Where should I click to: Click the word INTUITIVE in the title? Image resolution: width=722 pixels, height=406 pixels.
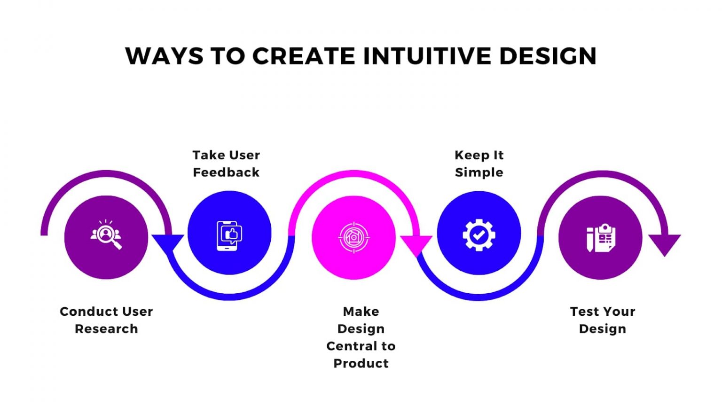coord(427,56)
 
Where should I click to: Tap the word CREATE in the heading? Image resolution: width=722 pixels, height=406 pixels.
coord(304,56)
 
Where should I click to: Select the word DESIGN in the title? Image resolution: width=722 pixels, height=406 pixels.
coord(548,56)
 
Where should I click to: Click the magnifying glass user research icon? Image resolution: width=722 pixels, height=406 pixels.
coord(106,234)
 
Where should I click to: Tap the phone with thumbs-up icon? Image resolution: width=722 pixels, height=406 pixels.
coord(229,236)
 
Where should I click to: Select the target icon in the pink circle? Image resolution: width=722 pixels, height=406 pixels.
coord(353,237)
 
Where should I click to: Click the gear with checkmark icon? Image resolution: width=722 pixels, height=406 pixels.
coord(479,235)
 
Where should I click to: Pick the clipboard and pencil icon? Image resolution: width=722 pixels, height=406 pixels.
coord(600,238)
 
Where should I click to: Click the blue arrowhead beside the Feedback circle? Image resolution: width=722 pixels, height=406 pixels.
coord(168,242)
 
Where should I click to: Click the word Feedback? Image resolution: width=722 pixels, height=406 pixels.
coord(226,172)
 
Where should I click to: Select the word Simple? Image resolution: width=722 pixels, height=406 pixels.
coord(479,173)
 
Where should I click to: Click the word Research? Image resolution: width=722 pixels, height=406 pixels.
coord(106,329)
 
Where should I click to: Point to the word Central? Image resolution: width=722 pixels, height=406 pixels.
coord(351,346)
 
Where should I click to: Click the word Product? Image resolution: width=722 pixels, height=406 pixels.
coord(361,363)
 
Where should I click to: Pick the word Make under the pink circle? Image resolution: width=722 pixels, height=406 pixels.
coord(361,312)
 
